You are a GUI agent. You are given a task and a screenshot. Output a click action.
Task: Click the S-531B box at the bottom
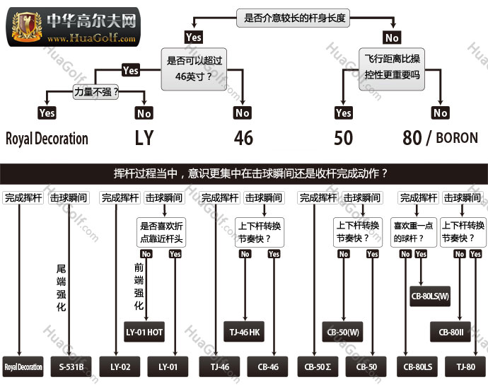71,366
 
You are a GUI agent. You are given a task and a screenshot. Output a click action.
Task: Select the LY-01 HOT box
145,332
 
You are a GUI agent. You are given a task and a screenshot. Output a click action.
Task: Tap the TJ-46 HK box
245,332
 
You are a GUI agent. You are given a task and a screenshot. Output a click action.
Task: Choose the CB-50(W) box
343,332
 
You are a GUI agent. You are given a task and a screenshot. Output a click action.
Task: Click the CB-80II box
450,332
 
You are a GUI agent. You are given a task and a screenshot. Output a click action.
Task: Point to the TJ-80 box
465,366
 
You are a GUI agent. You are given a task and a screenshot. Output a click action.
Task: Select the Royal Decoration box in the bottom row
24,366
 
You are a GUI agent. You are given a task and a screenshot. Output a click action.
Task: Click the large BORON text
457,137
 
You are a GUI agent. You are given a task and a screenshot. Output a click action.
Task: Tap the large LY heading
144,137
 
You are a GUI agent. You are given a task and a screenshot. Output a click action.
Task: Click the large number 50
343,137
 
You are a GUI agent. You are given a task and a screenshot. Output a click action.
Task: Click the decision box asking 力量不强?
96,91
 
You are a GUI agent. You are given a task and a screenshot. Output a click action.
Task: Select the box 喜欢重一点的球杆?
413,231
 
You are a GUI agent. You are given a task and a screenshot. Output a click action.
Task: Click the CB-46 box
267,366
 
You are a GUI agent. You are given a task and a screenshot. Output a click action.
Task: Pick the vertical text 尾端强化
61,288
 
